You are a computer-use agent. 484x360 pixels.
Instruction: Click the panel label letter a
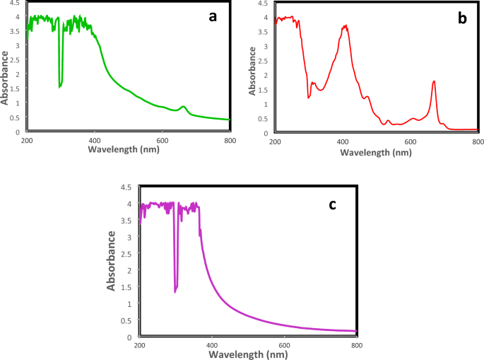point(211,16)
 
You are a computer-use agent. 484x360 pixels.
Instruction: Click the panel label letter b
point(462,18)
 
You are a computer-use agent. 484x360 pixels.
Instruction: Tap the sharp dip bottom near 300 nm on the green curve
point(60,86)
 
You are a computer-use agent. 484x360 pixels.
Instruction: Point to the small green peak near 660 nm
point(184,107)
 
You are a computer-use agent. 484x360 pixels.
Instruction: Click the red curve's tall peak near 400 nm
point(345,26)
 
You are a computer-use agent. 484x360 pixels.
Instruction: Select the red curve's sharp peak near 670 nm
point(434,81)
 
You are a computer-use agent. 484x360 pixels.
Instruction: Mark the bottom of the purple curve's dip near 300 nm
point(175,291)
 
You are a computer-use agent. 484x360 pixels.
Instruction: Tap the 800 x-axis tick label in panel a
point(228,141)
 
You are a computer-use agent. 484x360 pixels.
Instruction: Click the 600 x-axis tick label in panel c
point(285,345)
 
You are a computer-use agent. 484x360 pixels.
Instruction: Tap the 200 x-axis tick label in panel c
point(140,345)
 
